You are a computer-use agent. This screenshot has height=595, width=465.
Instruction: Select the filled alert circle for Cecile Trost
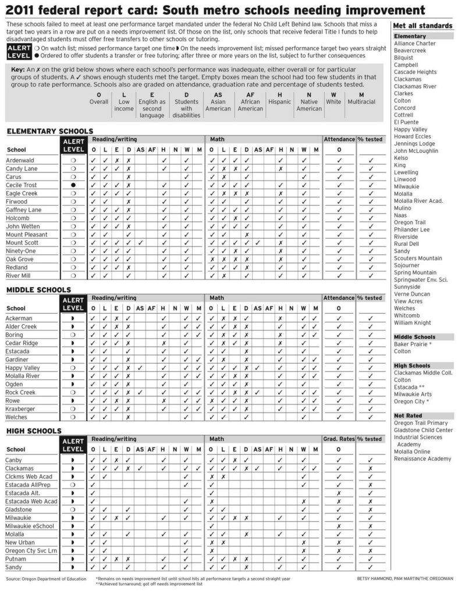click(x=73, y=185)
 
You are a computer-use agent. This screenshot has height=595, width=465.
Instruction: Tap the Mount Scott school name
click(x=22, y=243)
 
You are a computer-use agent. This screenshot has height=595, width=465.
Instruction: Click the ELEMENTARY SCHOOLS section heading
click(x=49, y=131)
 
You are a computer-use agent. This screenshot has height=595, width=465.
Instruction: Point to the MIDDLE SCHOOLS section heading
click(x=38, y=289)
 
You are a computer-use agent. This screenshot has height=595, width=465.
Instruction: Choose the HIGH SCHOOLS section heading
click(x=34, y=431)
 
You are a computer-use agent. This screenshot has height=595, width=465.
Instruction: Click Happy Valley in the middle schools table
click(x=23, y=368)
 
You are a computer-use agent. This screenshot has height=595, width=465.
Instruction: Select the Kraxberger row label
click(x=20, y=409)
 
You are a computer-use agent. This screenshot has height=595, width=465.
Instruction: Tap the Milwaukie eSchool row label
click(x=30, y=526)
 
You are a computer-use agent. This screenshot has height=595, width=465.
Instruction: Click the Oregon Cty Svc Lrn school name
click(x=31, y=550)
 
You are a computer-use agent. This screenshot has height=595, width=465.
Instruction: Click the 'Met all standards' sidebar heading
click(x=423, y=26)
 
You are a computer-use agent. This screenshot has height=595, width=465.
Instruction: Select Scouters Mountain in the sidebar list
click(x=417, y=258)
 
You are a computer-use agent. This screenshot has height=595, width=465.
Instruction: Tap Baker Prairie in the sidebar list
click(x=413, y=344)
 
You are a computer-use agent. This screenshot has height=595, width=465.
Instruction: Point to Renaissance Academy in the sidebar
click(x=422, y=458)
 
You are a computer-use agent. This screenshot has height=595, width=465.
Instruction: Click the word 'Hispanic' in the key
click(x=280, y=102)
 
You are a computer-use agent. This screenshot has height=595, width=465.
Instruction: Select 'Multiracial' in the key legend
click(x=361, y=102)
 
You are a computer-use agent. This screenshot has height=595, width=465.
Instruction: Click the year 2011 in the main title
click(x=24, y=10)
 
